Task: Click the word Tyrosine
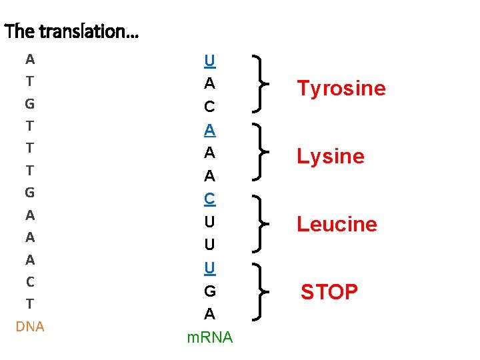(341, 89)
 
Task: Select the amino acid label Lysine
(330, 157)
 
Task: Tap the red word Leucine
(337, 224)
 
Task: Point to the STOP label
(329, 292)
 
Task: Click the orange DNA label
(30, 327)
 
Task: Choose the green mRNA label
(210, 338)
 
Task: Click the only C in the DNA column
(30, 282)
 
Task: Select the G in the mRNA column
(209, 291)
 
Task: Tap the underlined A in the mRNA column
(209, 128)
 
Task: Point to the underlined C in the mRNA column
(209, 198)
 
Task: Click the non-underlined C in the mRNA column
(209, 107)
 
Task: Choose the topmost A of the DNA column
(30, 59)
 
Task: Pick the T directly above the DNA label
(30, 304)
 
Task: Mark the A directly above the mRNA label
(209, 313)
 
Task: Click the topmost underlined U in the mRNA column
(209, 61)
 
